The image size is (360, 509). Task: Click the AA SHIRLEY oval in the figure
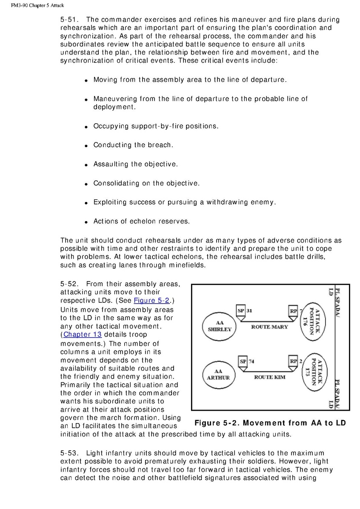(x=220, y=326)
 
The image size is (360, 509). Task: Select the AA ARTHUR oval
(x=218, y=375)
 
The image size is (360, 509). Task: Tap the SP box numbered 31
(x=241, y=311)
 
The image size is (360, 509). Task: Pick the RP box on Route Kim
(x=294, y=362)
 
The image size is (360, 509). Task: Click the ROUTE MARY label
(x=269, y=327)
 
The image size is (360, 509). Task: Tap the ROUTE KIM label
(x=270, y=377)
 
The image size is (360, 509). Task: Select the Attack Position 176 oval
(x=317, y=322)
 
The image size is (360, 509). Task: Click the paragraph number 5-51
(x=69, y=20)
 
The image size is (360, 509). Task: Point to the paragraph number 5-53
(x=69, y=453)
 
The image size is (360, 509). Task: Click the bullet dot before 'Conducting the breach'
(x=86, y=146)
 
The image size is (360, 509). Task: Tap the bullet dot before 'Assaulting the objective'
(x=86, y=165)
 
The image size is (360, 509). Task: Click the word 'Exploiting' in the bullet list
(x=110, y=202)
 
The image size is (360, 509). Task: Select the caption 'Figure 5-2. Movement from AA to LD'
(x=270, y=423)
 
